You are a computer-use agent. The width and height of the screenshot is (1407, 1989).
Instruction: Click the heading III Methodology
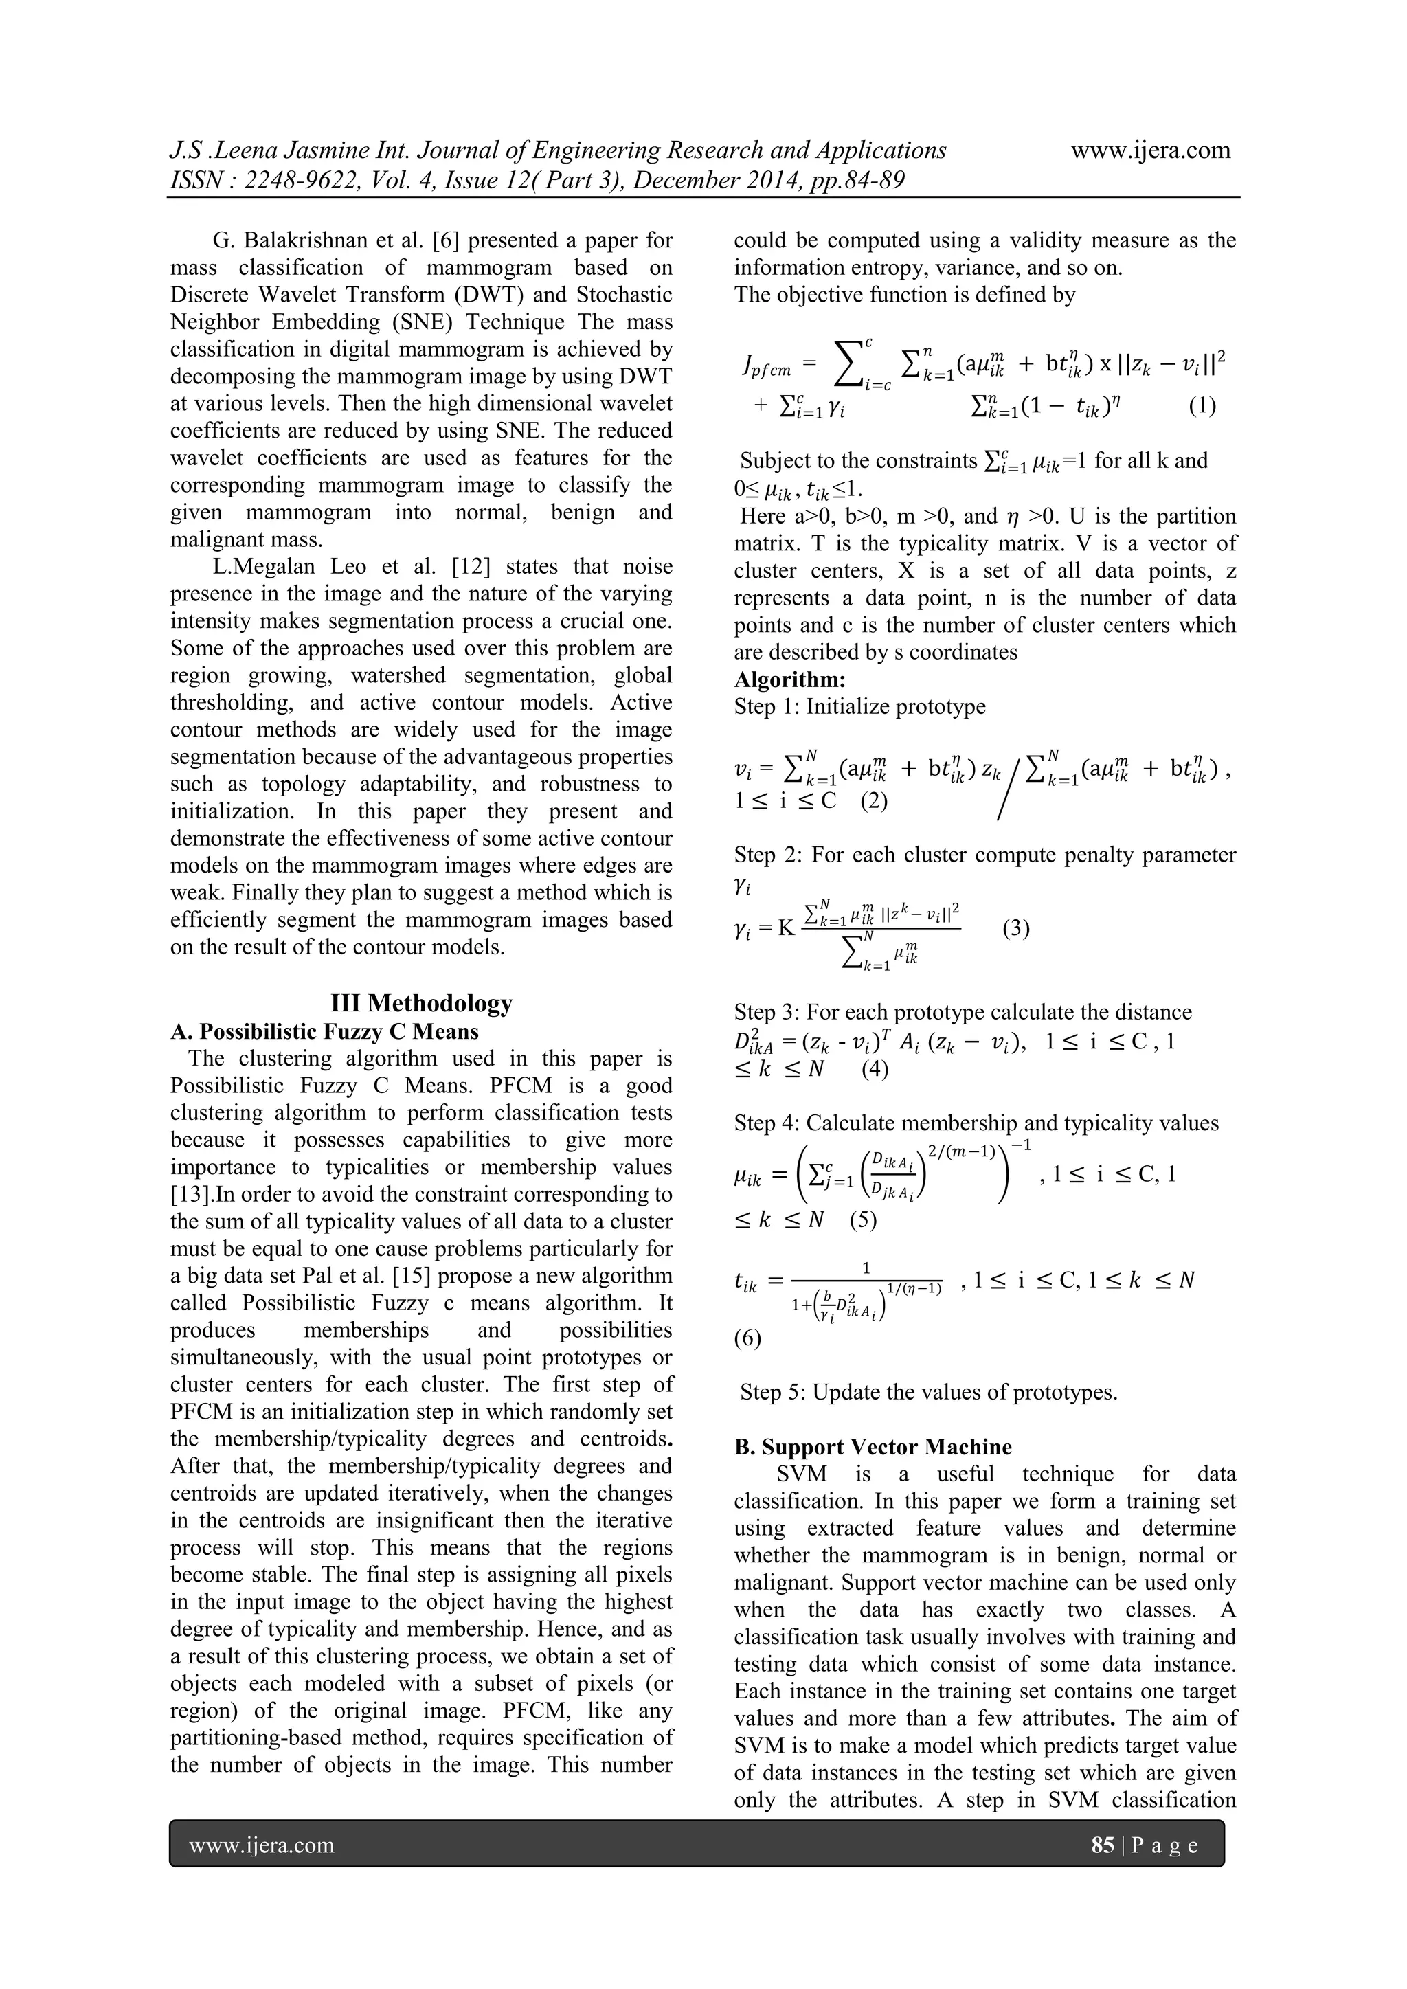[x=421, y=1003]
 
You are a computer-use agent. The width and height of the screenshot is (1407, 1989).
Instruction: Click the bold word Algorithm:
[x=789, y=679]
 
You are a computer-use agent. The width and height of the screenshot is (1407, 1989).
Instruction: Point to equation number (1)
[x=1202, y=405]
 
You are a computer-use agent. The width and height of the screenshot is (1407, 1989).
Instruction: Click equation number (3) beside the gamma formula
[x=1015, y=930]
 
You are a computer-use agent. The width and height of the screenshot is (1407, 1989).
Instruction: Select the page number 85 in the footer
[x=1102, y=1845]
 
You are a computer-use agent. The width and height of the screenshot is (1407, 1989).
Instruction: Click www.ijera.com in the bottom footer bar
[x=262, y=1845]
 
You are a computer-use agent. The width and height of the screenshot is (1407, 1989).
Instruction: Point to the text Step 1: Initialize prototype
[x=859, y=706]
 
